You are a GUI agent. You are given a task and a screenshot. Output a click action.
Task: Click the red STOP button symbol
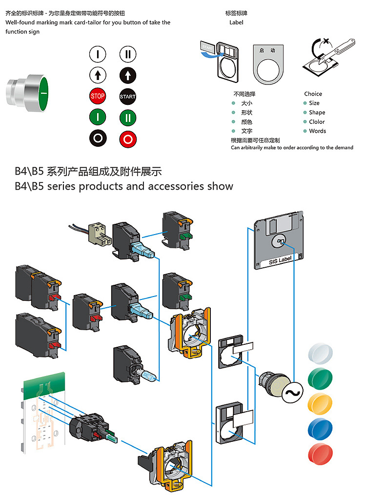98,96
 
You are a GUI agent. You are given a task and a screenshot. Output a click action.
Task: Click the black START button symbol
128,96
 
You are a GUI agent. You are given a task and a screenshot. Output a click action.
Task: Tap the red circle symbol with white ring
128,138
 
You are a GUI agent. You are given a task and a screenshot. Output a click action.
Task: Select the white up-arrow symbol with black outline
98,75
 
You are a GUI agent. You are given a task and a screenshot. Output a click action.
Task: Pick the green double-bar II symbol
128,117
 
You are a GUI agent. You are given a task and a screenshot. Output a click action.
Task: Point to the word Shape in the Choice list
317,113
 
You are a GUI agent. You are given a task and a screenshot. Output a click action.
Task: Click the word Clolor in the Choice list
317,122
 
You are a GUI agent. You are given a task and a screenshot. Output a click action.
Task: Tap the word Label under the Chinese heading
236,22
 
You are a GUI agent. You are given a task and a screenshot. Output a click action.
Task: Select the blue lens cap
320,428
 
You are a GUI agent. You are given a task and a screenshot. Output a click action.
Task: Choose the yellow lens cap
320,403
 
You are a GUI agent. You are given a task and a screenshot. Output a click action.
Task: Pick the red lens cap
320,454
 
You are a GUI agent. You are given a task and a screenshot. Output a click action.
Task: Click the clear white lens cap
320,353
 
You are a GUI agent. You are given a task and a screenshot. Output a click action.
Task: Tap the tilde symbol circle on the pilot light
293,393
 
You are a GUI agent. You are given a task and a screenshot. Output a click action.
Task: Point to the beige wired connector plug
97,234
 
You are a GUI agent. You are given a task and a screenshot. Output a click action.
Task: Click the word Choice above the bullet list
313,94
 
